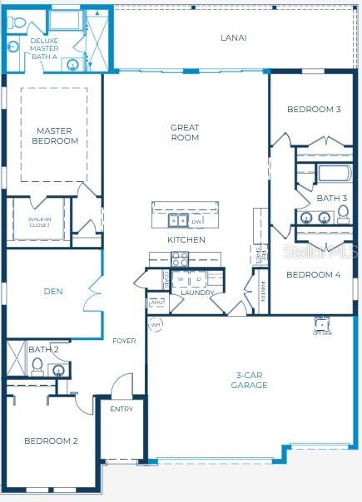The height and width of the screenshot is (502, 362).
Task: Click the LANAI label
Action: click(x=233, y=37)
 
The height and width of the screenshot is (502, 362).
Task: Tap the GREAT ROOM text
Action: click(x=185, y=133)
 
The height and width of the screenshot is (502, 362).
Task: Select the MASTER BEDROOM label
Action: click(x=54, y=135)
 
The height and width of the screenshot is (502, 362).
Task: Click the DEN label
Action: click(x=54, y=292)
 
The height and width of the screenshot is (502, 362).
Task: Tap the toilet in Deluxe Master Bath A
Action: click(x=17, y=23)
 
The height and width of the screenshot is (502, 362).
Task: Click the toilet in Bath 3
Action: click(x=342, y=216)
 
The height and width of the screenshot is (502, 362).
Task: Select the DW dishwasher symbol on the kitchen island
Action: click(x=196, y=222)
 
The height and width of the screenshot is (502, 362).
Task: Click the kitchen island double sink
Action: click(x=178, y=221)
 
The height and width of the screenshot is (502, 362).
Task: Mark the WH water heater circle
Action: click(x=155, y=325)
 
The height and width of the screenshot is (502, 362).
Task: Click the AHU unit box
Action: click(x=157, y=303)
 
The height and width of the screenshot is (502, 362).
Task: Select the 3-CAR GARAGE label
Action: click(x=249, y=381)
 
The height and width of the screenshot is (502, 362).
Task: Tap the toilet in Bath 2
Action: click(x=36, y=366)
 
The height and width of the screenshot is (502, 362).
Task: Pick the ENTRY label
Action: click(x=121, y=409)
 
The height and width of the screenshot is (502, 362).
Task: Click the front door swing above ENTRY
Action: click(x=121, y=386)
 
